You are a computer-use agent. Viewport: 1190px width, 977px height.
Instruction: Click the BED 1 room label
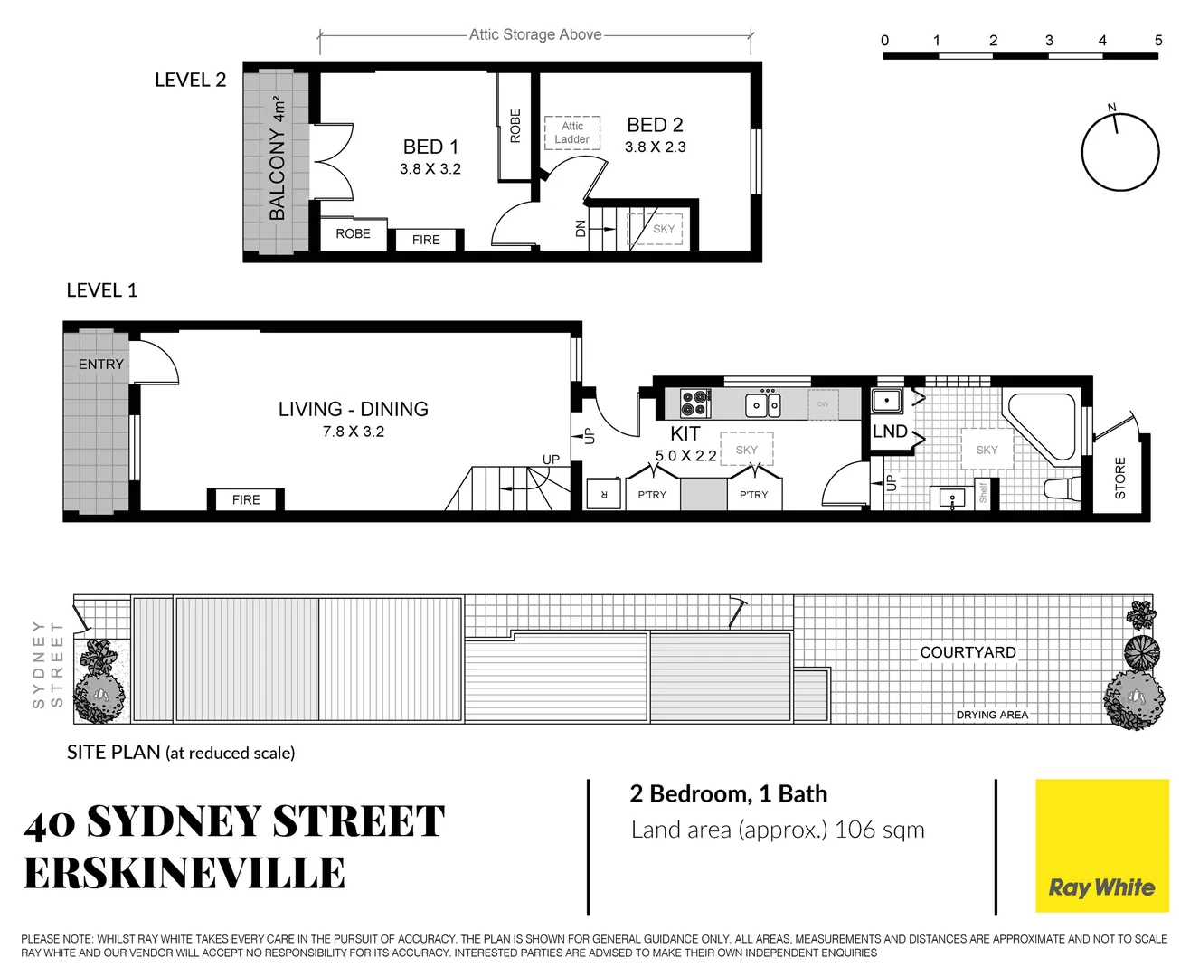[x=430, y=147]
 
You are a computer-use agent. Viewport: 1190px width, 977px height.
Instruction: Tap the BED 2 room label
[x=655, y=125]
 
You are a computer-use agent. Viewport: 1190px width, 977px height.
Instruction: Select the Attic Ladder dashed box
[x=572, y=133]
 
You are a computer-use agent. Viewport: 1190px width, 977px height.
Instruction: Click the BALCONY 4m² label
[x=277, y=159]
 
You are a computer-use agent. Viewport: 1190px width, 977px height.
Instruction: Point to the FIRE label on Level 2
[x=426, y=240]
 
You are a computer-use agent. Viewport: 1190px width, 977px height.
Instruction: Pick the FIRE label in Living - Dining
[x=246, y=499]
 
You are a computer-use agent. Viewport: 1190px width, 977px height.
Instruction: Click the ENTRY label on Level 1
[x=100, y=364]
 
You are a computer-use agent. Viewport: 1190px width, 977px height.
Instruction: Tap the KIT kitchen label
[x=685, y=433]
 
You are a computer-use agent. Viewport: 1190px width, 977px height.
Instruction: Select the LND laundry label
[x=890, y=432]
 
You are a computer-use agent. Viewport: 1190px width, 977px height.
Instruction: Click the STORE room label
[x=1120, y=478]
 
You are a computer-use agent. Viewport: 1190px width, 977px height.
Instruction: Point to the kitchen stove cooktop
[x=694, y=403]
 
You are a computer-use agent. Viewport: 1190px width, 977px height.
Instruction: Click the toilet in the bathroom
[x=1061, y=488]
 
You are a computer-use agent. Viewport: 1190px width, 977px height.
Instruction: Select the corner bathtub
[x=1042, y=427]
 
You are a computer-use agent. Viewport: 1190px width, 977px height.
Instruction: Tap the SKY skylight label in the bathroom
[x=987, y=450]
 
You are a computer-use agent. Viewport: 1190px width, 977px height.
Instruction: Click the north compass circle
[x=1120, y=152]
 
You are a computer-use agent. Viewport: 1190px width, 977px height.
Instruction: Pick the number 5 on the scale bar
[x=1158, y=40]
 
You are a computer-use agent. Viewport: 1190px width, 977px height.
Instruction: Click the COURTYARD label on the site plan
[x=968, y=652]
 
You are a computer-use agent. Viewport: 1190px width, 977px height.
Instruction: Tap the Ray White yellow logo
[x=1101, y=846]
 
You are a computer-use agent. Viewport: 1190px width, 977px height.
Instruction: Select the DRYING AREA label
[x=992, y=715]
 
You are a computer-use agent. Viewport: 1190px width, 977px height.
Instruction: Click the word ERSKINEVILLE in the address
[x=184, y=874]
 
